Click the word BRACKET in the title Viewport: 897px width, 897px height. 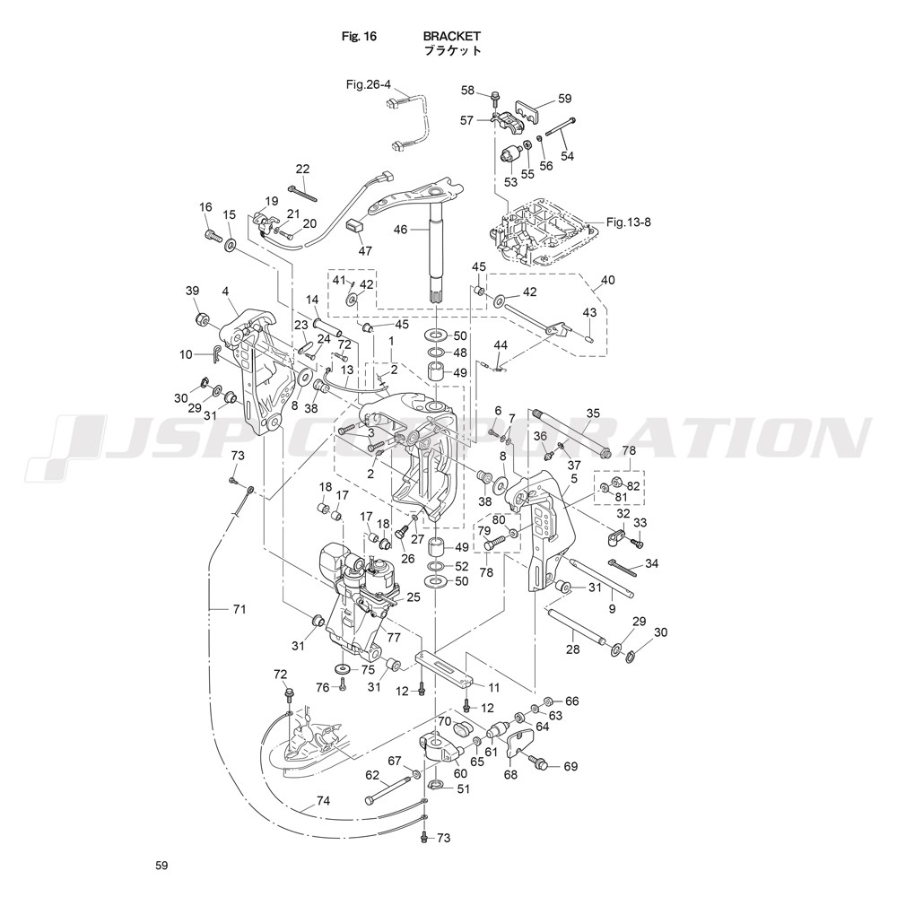pos(452,37)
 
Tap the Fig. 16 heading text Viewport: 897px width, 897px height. pos(359,37)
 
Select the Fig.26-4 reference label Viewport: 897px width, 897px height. pos(369,84)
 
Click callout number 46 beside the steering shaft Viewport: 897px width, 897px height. pos(400,230)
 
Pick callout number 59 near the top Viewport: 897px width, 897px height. pos(564,99)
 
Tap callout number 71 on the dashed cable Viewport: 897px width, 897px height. pos(239,609)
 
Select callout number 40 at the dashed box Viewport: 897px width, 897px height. pos(607,281)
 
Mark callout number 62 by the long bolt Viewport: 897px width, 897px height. pos(372,775)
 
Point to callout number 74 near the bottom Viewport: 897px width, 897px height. pos(323,801)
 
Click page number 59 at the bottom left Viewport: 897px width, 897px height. pos(161,866)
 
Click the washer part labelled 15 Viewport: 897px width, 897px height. pos(230,244)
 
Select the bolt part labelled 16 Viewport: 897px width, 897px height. pos(213,236)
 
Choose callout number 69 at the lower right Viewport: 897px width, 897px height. pos(571,767)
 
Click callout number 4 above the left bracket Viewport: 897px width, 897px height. pos(224,292)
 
